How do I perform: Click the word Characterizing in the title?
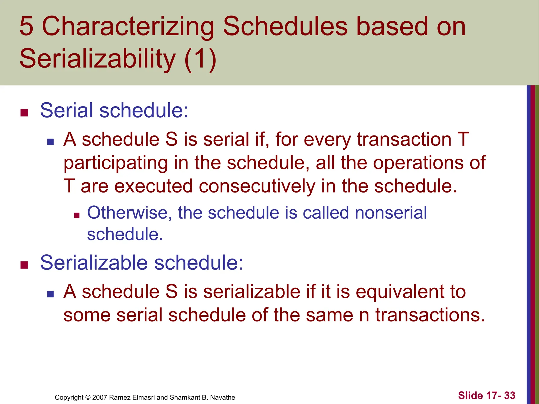(128, 27)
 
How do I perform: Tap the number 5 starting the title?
(27, 26)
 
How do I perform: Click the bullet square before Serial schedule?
(24, 113)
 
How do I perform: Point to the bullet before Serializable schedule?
(24, 265)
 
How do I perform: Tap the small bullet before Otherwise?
(77, 216)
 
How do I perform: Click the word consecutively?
(257, 186)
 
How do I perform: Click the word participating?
(116, 163)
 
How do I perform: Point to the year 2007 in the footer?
(100, 397)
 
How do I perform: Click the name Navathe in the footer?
(223, 397)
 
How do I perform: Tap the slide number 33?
(510, 396)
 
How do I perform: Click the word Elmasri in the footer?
(144, 397)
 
